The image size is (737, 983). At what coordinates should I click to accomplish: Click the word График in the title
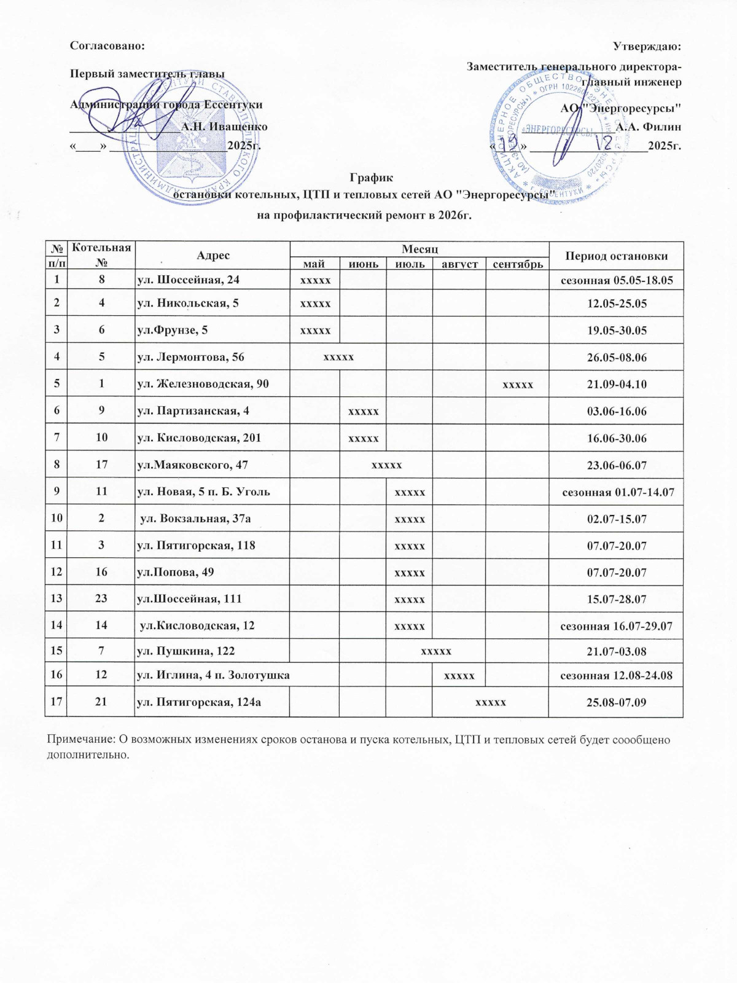pos(371,178)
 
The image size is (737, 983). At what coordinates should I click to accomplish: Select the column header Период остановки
pos(616,256)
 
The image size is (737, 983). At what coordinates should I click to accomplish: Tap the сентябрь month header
pos(518,264)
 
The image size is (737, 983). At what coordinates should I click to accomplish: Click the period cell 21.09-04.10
pos(617,384)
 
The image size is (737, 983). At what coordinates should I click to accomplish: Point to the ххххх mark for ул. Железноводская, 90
pos(518,384)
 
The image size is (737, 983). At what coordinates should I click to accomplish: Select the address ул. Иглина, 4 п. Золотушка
pos(213,675)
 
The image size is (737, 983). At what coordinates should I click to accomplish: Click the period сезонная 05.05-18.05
pos(617,280)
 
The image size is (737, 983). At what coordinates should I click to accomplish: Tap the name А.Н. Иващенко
pos(224,127)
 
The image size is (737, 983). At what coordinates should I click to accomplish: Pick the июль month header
pos(410,264)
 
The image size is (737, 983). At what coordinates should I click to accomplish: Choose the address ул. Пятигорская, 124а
pos(198,702)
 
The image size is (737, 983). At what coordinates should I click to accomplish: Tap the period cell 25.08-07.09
pos(617,702)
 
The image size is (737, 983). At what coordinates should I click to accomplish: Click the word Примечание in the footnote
pos(80,740)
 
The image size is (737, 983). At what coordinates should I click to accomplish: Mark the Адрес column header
pos(213,256)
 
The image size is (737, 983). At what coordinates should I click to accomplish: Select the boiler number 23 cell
pos(101,598)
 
